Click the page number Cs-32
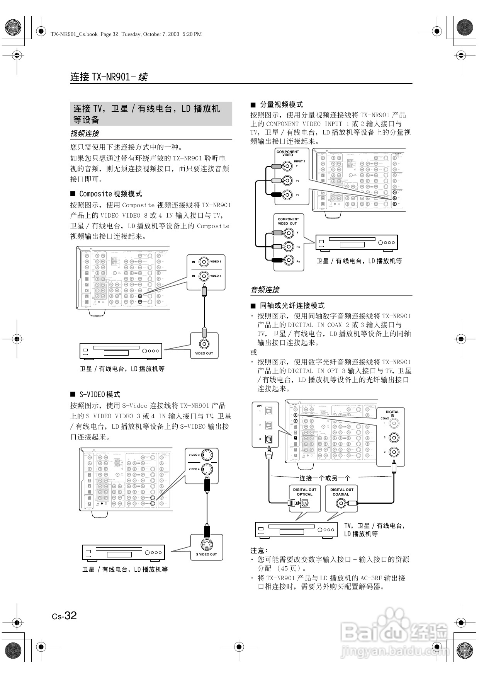[x=65, y=615]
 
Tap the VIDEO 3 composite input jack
[x=204, y=262]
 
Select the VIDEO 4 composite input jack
[x=204, y=276]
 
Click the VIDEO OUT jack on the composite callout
[x=204, y=343]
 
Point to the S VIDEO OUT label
[x=206, y=554]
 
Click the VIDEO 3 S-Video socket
[x=207, y=455]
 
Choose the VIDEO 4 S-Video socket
[x=207, y=469]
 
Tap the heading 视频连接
[x=85, y=133]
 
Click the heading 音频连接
[x=265, y=290]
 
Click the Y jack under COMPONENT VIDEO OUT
[x=288, y=233]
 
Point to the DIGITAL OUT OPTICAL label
[x=304, y=492]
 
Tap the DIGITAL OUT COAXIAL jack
[x=341, y=503]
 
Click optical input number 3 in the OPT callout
[x=269, y=439]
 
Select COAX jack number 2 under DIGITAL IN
[x=394, y=438]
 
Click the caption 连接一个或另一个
[x=325, y=478]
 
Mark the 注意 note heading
[x=259, y=550]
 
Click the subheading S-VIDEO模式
[x=100, y=394]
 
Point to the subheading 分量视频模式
[x=281, y=105]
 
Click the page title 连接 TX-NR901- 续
[x=109, y=77]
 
